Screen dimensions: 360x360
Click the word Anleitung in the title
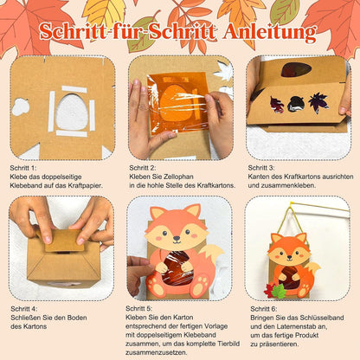click(269, 32)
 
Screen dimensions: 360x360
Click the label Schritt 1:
click(23, 168)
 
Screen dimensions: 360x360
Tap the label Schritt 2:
click(143, 168)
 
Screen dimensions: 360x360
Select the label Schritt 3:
click(261, 168)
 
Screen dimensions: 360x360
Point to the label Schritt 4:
click(24, 309)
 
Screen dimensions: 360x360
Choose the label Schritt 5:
click(138, 308)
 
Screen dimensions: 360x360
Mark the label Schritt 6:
click(264, 309)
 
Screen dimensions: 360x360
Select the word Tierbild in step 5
click(228, 344)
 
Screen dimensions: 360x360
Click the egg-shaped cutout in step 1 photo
click(72, 112)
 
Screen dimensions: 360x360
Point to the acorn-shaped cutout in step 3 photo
click(296, 104)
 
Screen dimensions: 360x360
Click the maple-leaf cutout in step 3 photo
click(318, 102)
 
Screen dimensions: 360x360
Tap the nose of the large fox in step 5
click(177, 239)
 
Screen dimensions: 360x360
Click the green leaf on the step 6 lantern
click(279, 291)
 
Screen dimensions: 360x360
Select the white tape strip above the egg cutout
click(74, 89)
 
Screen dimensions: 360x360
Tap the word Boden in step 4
click(77, 318)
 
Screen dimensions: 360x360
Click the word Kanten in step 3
click(258, 177)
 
